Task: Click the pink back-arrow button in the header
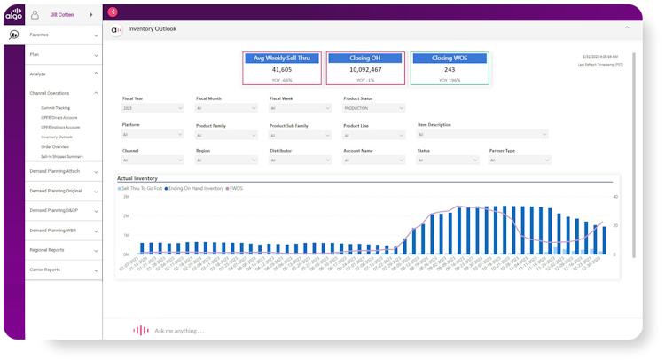(113, 12)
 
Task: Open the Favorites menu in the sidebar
(40, 35)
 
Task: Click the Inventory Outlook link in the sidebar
(57, 137)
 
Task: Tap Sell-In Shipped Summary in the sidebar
(62, 156)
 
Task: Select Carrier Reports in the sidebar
(45, 270)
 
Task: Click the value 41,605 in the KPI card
(282, 68)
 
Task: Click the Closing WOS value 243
(450, 69)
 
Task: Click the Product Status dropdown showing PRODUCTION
(374, 108)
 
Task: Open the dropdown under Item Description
(484, 135)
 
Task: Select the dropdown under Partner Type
(520, 160)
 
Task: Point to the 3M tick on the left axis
(126, 197)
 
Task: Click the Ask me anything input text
(179, 331)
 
